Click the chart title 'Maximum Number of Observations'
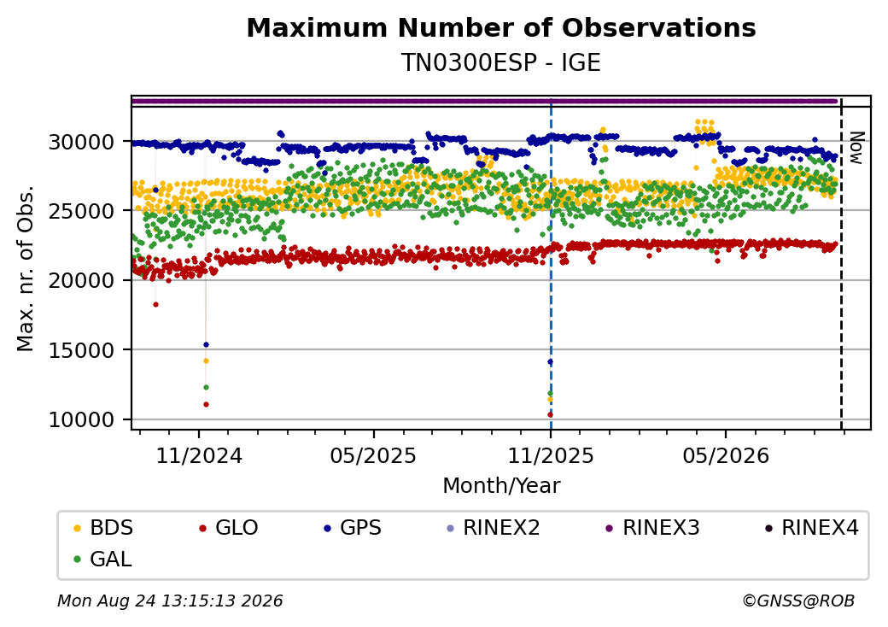tap(501, 27)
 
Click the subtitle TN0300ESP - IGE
tap(501, 63)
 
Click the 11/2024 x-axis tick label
tap(199, 456)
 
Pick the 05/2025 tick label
tap(374, 456)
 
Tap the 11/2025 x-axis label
tap(551, 456)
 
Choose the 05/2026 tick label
tap(726, 456)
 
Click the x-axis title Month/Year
tap(501, 486)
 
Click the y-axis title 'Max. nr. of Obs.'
tap(26, 268)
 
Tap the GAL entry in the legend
tap(103, 559)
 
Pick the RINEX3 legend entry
tap(652, 528)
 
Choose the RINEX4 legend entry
tap(811, 528)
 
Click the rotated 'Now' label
tap(857, 149)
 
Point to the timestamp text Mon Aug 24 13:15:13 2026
tap(171, 601)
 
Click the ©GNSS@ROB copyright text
tap(798, 601)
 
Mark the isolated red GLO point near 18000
tap(155, 305)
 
